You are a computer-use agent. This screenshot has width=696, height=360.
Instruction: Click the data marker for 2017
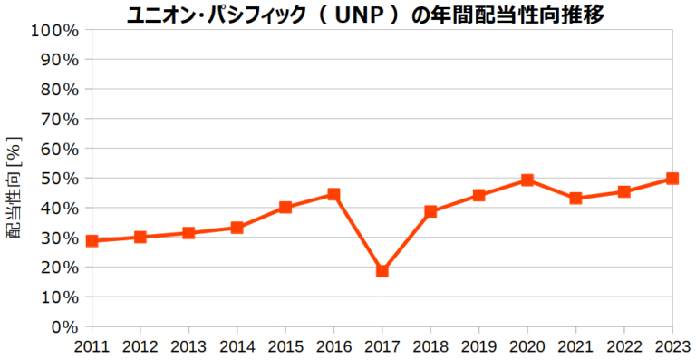point(382,271)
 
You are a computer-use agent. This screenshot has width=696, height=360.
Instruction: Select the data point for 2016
point(333,194)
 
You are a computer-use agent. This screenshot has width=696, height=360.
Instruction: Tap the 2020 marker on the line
point(527,180)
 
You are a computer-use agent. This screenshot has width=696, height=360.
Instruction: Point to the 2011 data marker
point(92,241)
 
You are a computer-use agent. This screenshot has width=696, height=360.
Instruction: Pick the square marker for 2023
point(672,179)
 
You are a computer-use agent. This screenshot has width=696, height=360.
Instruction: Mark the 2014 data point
point(237,228)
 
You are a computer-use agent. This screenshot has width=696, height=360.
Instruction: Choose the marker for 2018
point(430,211)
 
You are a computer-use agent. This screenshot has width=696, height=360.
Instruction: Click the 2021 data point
point(575,198)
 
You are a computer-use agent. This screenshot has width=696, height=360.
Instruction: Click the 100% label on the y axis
point(54,30)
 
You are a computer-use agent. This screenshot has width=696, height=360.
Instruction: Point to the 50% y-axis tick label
point(59,179)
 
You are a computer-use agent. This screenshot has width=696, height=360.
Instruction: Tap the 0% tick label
point(64,326)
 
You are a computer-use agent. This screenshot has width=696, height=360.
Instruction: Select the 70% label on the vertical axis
point(59,120)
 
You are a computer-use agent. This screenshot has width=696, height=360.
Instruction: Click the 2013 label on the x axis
point(188,346)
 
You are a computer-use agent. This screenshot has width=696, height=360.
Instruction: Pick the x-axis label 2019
point(478,346)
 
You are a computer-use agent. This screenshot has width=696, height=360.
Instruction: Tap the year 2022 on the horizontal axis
point(624,346)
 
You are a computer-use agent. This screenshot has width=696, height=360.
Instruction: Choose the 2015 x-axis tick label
point(285,346)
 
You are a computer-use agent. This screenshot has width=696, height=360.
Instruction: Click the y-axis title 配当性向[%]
point(14,188)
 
